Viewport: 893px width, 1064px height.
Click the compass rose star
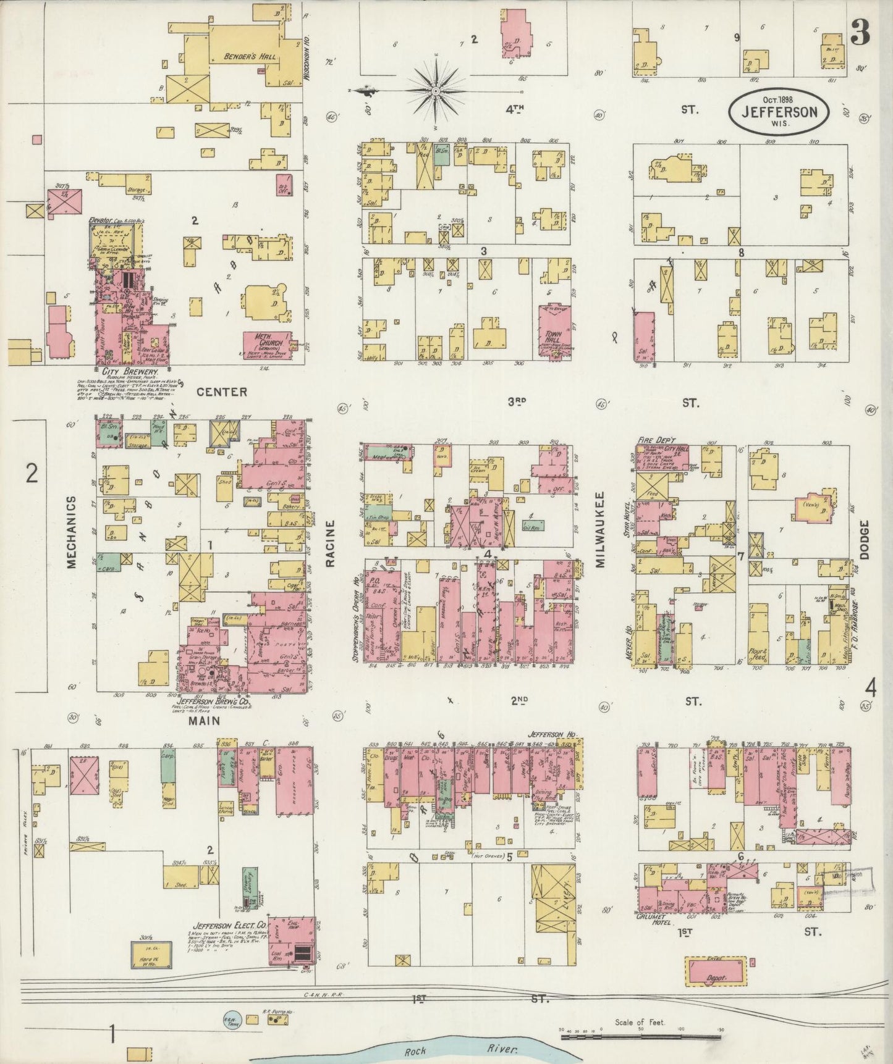click(436, 91)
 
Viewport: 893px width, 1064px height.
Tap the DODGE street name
click(864, 540)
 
